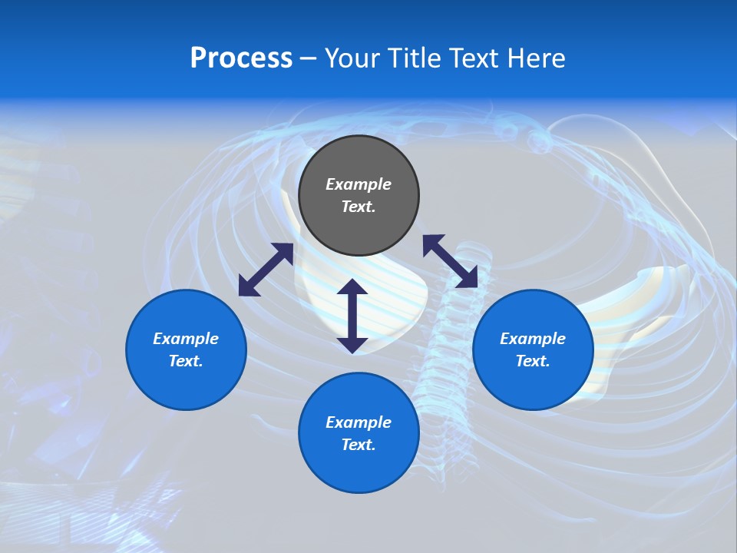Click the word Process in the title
point(241,58)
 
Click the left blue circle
point(186,349)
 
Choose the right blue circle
point(533,349)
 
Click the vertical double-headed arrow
point(352,316)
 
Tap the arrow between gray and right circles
point(450,261)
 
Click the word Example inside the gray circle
point(359,184)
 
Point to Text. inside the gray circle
point(359,207)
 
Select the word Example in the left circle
point(186,339)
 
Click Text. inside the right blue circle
point(533,361)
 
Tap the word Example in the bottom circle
point(359,422)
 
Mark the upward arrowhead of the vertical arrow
point(352,289)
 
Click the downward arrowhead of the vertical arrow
point(352,343)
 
